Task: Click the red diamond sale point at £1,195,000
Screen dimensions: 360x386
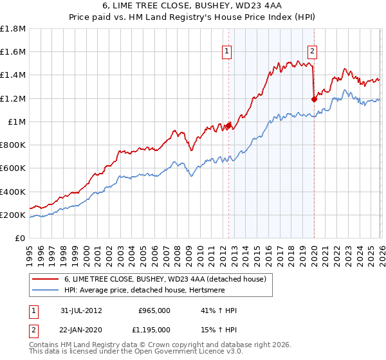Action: (x=314, y=99)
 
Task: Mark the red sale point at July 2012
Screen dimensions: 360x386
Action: (x=228, y=126)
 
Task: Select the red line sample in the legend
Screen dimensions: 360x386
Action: (x=45, y=279)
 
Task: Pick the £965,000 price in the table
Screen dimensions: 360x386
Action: (x=154, y=310)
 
